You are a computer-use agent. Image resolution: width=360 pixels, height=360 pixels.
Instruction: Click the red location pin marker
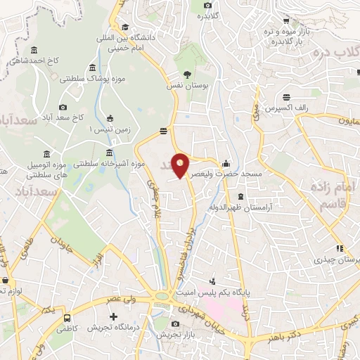coord(181,165)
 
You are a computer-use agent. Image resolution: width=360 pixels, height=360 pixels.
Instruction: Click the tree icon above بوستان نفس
coord(186,74)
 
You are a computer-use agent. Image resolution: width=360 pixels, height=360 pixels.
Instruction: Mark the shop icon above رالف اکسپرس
coord(286,98)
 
